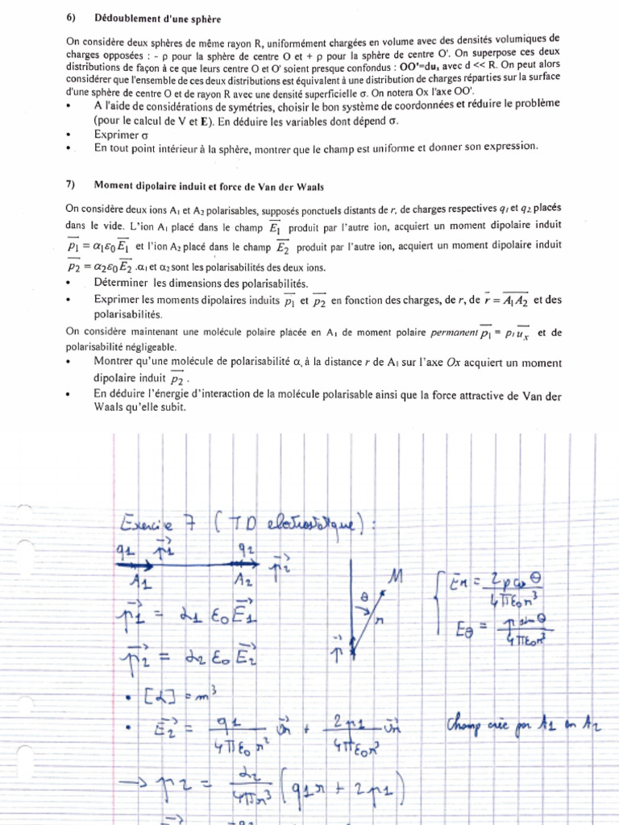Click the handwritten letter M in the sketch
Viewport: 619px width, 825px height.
[x=393, y=576]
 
